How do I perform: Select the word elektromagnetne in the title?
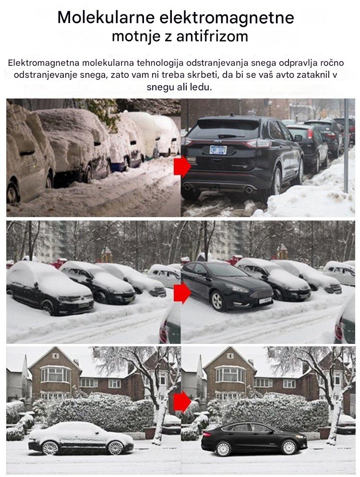click(227, 17)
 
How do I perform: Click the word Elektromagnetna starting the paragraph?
click(44, 63)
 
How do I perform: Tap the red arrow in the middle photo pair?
click(182, 293)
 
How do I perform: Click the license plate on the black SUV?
click(218, 150)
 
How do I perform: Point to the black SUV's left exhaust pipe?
click(188, 187)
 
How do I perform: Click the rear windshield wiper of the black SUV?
click(227, 136)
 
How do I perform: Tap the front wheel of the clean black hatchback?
click(217, 301)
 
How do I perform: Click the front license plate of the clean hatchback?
click(264, 301)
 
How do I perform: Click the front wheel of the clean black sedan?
click(288, 447)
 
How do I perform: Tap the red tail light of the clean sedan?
click(206, 434)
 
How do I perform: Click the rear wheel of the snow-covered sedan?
click(50, 448)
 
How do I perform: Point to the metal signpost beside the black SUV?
click(346, 146)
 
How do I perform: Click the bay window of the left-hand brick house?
click(56, 374)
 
